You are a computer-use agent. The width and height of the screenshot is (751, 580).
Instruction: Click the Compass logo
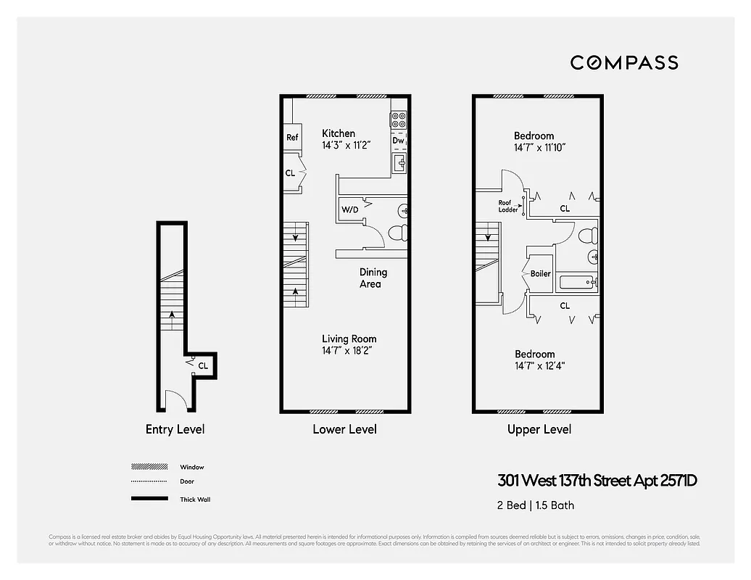pyautogui.click(x=624, y=62)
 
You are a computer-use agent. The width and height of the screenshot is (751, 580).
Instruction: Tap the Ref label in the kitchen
pyautogui.click(x=292, y=138)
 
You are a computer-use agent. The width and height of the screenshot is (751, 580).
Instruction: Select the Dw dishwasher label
pyautogui.click(x=399, y=141)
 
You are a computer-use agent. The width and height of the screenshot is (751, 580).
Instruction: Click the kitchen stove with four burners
pyautogui.click(x=399, y=119)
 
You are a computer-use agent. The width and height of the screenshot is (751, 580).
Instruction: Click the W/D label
pyautogui.click(x=350, y=210)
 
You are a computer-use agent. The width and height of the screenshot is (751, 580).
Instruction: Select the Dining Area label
pyautogui.click(x=373, y=278)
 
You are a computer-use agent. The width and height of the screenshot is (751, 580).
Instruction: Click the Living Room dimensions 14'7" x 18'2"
pyautogui.click(x=349, y=351)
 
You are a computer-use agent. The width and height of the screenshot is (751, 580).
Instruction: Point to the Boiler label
pyautogui.click(x=541, y=274)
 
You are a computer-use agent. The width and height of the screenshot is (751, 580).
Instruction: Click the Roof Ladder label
pyautogui.click(x=507, y=207)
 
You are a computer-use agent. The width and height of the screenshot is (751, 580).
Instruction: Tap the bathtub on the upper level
pyautogui.click(x=576, y=283)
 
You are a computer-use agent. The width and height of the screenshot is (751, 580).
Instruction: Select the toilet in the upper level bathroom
pyautogui.click(x=591, y=236)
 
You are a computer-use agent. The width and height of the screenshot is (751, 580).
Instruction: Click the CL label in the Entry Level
pyautogui.click(x=203, y=366)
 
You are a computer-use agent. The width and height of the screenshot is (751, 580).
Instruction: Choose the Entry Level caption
pyautogui.click(x=175, y=429)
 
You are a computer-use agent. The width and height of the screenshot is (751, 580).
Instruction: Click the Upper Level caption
pyautogui.click(x=539, y=429)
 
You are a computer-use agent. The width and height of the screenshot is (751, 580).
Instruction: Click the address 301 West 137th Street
pyautogui.click(x=597, y=480)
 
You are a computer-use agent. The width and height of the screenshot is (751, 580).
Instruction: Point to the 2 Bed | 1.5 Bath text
pyautogui.click(x=535, y=505)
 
